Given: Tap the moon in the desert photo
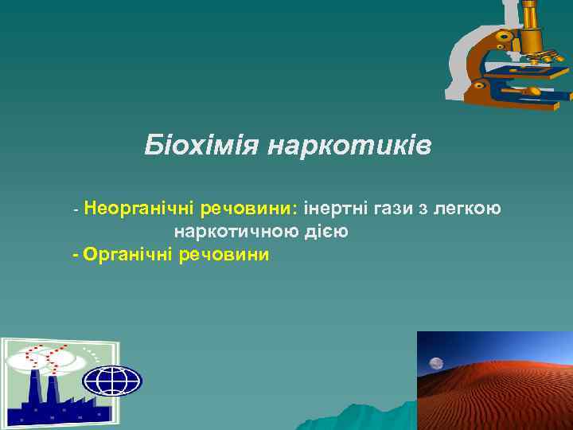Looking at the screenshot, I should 436,364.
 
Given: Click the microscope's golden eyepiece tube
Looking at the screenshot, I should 532,24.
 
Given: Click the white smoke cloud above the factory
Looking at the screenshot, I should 40,361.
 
